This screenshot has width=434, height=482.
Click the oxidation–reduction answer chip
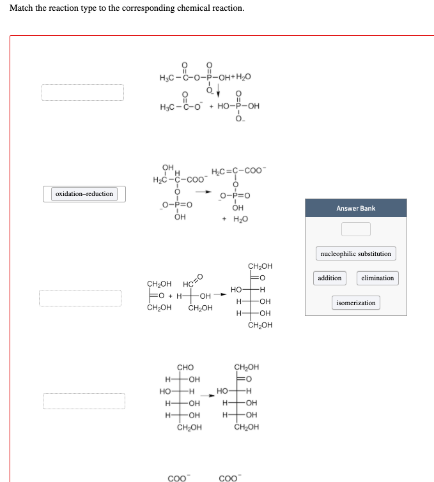(84, 194)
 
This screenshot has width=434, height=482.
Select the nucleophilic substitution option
(355, 253)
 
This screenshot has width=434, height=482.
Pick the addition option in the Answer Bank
(330, 278)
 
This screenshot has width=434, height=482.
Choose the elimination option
(377, 278)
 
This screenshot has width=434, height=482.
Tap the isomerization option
(355, 303)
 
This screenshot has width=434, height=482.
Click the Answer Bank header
(355, 208)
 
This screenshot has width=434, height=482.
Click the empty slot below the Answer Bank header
(355, 229)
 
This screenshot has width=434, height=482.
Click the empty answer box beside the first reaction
(83, 93)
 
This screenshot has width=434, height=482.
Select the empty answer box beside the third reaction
(80, 297)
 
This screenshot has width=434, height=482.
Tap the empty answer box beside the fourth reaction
(84, 401)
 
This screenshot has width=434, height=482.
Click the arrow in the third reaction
(217, 296)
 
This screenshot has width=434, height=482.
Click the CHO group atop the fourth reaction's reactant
(185, 368)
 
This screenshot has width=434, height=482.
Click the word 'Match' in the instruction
(21, 8)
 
